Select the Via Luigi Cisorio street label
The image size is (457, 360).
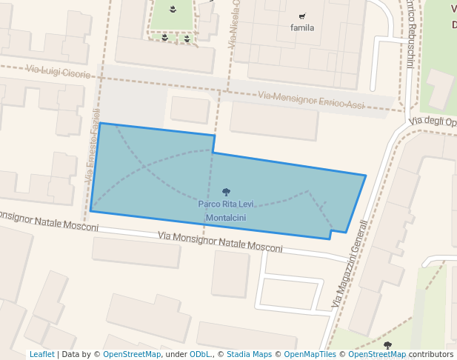(59, 72)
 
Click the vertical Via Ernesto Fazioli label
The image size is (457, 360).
(92, 146)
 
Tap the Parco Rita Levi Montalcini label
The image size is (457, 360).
(226, 210)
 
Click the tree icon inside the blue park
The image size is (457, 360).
(226, 193)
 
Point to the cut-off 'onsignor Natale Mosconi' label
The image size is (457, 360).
(49, 221)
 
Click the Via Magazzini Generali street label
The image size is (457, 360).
(349, 264)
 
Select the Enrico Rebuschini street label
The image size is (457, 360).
(409, 34)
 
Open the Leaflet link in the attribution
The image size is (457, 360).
(41, 355)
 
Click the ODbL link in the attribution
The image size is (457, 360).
(201, 355)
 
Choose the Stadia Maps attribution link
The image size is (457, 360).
(249, 355)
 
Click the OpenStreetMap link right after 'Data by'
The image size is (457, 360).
(132, 355)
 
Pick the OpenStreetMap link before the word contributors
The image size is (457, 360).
(377, 355)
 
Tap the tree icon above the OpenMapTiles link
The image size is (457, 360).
(387, 345)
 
